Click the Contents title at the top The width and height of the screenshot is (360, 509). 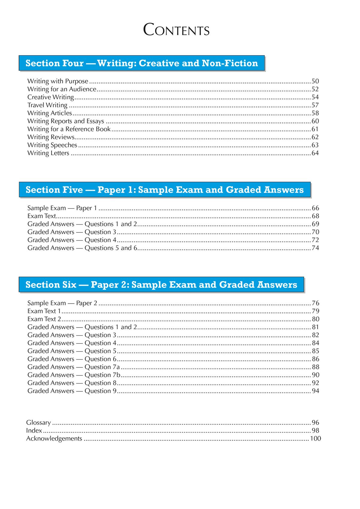tap(176, 30)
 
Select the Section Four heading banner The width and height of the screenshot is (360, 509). tap(142, 63)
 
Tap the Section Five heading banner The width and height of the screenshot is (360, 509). tap(165, 190)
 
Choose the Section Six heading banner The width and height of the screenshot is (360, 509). tap(161, 285)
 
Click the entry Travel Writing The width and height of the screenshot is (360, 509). tap(47, 105)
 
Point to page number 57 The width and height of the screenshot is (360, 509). tap(315, 105)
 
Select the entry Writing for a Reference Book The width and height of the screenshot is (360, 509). tap(69, 129)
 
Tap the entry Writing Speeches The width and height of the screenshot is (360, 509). tap(52, 145)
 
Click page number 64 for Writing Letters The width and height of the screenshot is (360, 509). tap(315, 153)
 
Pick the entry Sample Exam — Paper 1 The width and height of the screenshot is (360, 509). tap(62, 208)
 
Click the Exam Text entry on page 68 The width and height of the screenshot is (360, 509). tap(42, 216)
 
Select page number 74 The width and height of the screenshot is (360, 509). tap(315, 248)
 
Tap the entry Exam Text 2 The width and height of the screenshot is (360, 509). tap(44, 319)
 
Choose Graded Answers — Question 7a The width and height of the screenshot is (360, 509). tap(73, 367)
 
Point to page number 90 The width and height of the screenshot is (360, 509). tap(316, 375)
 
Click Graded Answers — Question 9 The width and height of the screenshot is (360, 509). tap(72, 391)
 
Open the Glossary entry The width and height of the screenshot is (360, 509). tap(38, 423)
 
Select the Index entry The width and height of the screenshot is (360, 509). tap(34, 431)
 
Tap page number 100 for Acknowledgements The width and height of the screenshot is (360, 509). tap(315, 439)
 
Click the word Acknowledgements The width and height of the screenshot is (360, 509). tap(54, 439)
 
